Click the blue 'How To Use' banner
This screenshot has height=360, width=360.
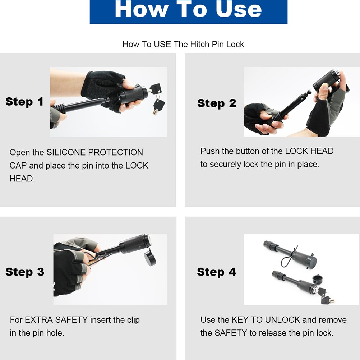[x=189, y=11]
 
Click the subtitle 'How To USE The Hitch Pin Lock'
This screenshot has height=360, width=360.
[x=183, y=44]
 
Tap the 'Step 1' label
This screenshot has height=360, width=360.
[x=24, y=102]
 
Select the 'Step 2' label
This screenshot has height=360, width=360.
[x=217, y=103]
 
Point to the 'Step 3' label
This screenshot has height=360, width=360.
[x=25, y=272]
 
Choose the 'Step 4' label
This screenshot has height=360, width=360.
[x=217, y=272]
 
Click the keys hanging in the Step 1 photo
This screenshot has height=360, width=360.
[x=157, y=98]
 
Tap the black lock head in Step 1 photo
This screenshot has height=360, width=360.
[x=133, y=94]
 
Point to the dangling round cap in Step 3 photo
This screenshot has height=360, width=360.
[x=150, y=258]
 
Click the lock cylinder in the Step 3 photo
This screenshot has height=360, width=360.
[x=135, y=244]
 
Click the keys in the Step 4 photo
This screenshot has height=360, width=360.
[x=326, y=295]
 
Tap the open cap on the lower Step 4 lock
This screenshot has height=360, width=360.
[x=318, y=279]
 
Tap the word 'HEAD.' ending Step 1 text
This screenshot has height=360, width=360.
[x=22, y=179]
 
